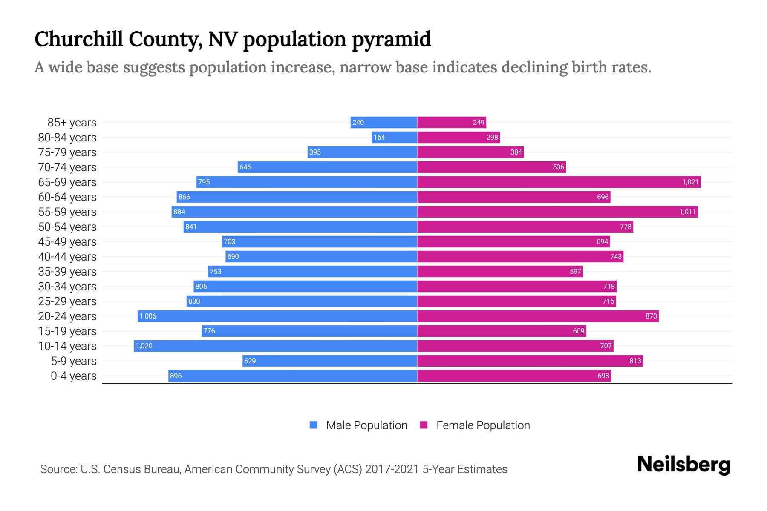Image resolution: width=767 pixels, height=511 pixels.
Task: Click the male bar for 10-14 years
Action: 275,346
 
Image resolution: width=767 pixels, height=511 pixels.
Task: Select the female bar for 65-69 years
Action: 559,182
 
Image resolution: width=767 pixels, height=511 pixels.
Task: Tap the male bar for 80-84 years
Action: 394,137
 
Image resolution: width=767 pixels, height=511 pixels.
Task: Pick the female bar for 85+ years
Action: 451,122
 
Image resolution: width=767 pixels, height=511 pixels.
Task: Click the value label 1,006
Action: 148,316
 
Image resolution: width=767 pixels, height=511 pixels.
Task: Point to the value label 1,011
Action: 687,212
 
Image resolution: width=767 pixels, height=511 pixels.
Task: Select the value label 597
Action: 575,271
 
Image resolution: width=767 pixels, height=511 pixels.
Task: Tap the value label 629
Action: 250,361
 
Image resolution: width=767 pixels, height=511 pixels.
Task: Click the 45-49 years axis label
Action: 67,241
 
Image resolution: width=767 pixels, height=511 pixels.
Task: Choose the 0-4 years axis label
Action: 73,376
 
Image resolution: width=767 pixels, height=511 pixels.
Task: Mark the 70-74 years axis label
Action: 67,167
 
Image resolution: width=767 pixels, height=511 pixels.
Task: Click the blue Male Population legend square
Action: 314,425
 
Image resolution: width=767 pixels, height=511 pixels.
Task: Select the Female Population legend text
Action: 483,425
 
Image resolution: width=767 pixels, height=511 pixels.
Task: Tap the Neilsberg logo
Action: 683,465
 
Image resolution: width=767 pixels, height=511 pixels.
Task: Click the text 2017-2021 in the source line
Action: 392,469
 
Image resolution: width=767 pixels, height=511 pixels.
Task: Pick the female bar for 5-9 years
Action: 530,361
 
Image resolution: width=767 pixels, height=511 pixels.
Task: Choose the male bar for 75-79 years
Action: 362,152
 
